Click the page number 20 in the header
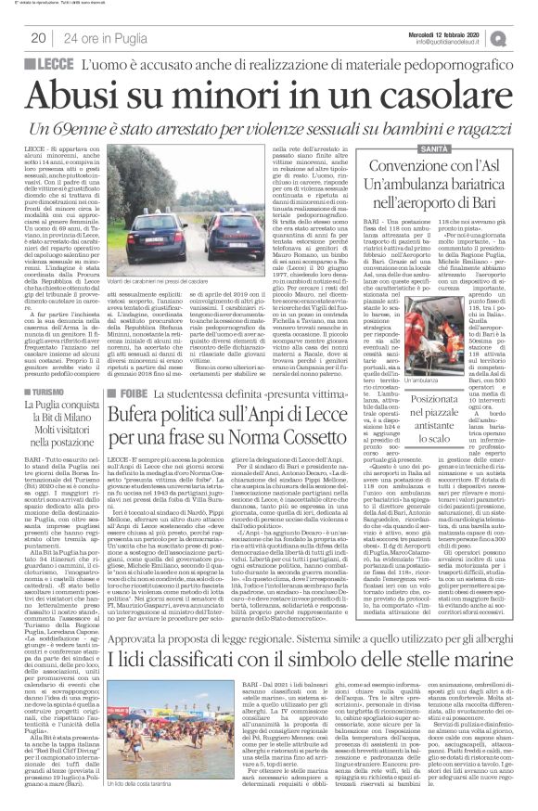point(39,37)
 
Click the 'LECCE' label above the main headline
point(54,66)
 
